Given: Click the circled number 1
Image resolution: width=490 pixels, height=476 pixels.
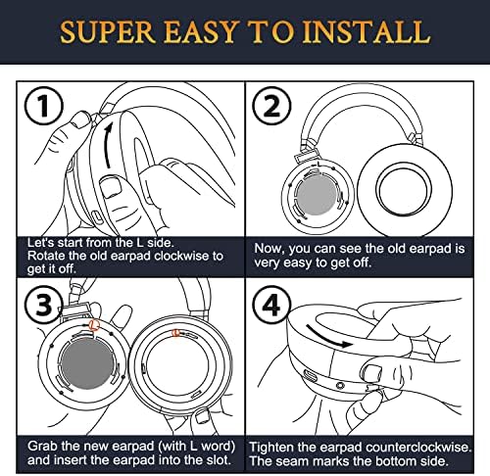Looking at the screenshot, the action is [x=44, y=107].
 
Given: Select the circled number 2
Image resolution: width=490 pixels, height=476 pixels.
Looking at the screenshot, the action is [x=271, y=107].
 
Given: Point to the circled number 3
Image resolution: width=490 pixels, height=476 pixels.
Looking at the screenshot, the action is [x=44, y=306].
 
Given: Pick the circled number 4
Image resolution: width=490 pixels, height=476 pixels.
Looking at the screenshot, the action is [x=270, y=306].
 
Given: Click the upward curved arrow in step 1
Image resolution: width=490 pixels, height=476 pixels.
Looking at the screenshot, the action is [x=108, y=145].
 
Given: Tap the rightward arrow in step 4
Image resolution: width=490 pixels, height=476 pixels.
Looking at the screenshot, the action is [x=329, y=336].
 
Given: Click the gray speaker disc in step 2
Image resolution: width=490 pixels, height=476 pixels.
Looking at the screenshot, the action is [x=317, y=195].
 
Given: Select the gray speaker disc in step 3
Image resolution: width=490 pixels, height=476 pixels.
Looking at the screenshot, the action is [x=87, y=363].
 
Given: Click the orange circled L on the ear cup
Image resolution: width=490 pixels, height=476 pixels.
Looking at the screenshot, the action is [x=94, y=325].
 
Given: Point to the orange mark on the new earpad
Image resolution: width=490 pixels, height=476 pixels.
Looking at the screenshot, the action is [x=176, y=333].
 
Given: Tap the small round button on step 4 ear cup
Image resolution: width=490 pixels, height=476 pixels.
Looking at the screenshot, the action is [x=340, y=386].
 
